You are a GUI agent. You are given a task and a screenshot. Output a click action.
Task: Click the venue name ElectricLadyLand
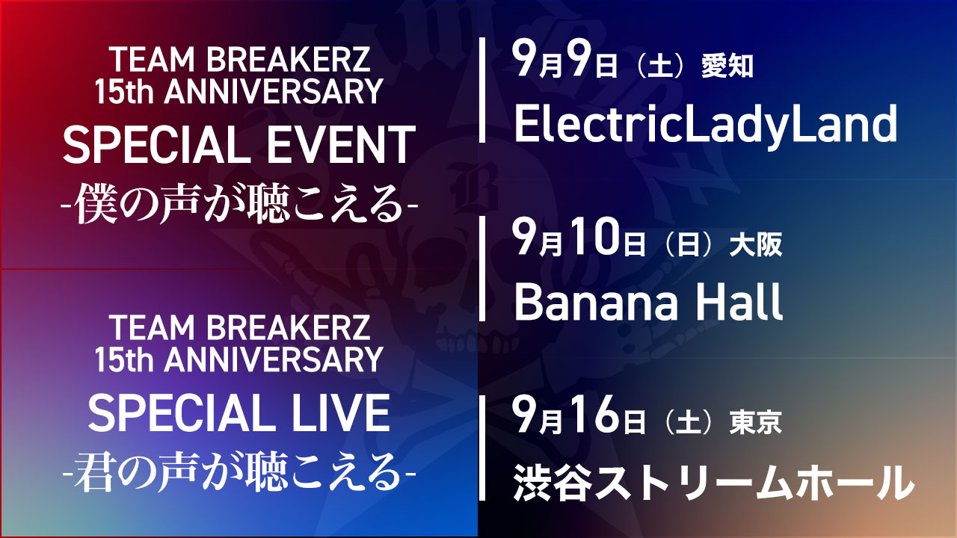pos(705,124)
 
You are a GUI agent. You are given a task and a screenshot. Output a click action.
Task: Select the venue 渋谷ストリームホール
pos(713,483)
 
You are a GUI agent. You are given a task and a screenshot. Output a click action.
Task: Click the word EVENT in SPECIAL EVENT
pos(341,145)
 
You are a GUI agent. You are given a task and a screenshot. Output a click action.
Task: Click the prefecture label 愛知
pos(727,67)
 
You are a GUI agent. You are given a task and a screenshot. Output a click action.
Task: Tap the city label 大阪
pos(756,244)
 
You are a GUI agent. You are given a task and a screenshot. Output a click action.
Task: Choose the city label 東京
pos(756,422)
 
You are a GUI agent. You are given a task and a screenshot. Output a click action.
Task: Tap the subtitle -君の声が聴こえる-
pos(239,471)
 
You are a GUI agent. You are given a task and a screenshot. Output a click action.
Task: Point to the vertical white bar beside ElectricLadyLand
pos(482,90)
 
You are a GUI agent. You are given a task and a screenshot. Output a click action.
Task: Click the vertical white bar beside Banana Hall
pos(482,268)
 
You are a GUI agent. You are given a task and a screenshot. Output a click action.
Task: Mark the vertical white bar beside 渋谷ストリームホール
pos(482,448)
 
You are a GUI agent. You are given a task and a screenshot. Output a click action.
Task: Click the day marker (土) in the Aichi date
pos(661,67)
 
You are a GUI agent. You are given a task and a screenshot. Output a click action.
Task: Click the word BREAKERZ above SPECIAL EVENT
pos(288,59)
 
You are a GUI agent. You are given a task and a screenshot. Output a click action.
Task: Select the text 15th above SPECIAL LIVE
pos(124,360)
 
